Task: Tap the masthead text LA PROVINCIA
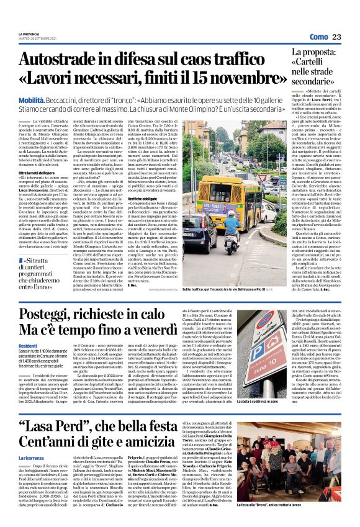click(x=29, y=34)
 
